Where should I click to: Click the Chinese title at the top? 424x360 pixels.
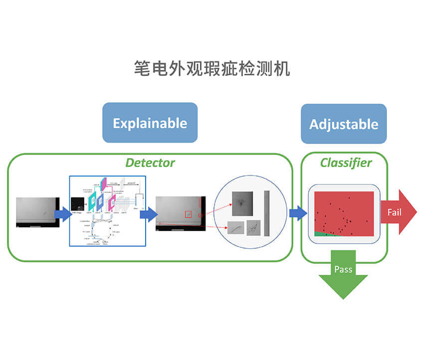point(212,68)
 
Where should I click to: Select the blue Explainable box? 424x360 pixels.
point(150,123)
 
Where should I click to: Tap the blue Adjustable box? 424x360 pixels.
point(344,124)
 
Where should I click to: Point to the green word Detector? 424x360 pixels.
point(150,163)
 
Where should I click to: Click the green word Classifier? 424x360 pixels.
point(346,163)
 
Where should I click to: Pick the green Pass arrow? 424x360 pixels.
point(343,274)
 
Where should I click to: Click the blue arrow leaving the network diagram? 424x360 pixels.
point(149,214)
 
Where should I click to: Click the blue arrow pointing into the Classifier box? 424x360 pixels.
point(298,213)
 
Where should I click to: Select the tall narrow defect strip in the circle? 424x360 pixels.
point(267,213)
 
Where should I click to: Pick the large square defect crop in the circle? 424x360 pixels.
point(242,203)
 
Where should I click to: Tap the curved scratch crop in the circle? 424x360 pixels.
point(235,228)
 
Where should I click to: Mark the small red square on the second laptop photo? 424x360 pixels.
point(188,214)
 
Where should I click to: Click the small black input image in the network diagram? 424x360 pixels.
point(77,203)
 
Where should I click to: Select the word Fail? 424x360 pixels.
point(394,212)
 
